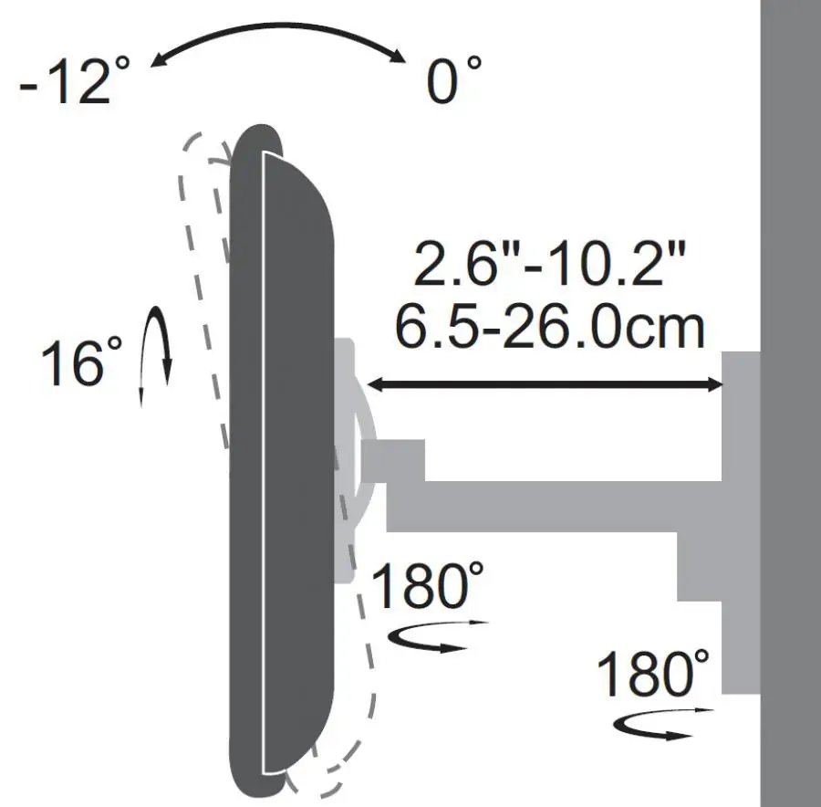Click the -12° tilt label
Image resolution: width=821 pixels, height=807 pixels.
click(75, 80)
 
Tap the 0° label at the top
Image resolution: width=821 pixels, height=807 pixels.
click(453, 80)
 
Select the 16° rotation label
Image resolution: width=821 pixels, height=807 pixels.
click(82, 362)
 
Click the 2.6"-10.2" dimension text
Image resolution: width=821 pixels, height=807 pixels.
click(549, 264)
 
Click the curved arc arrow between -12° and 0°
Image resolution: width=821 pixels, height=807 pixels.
click(277, 25)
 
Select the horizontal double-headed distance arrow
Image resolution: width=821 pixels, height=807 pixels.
click(546, 385)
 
